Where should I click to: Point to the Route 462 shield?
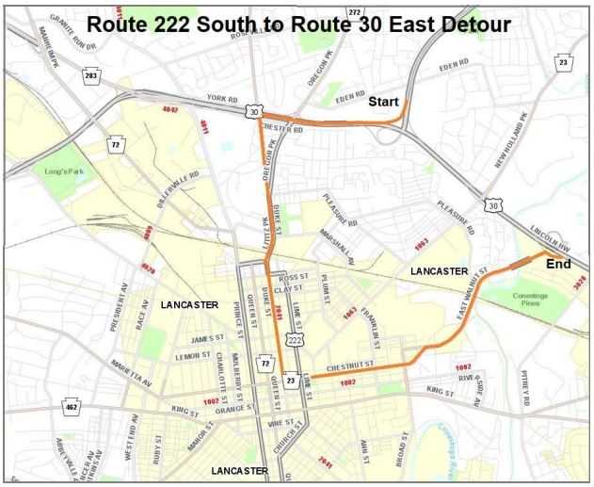[x=71, y=408]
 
